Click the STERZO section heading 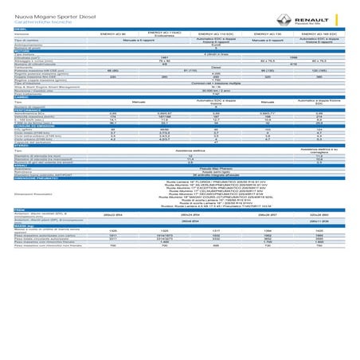(x=22, y=145)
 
